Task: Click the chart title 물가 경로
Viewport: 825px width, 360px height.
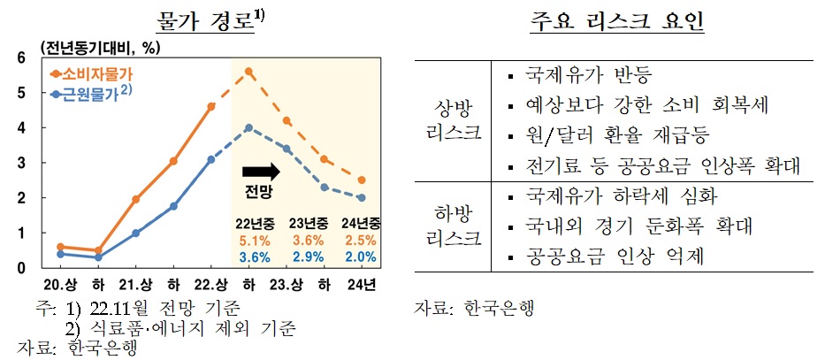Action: click(204, 19)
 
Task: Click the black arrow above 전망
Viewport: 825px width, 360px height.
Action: click(262, 169)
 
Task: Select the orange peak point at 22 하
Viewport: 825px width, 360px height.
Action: click(249, 71)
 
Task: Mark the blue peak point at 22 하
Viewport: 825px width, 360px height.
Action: click(249, 127)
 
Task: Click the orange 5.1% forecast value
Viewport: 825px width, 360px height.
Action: click(249, 240)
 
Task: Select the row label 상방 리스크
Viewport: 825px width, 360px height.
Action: click(454, 120)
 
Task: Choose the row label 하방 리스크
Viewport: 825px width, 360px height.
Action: click(454, 226)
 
